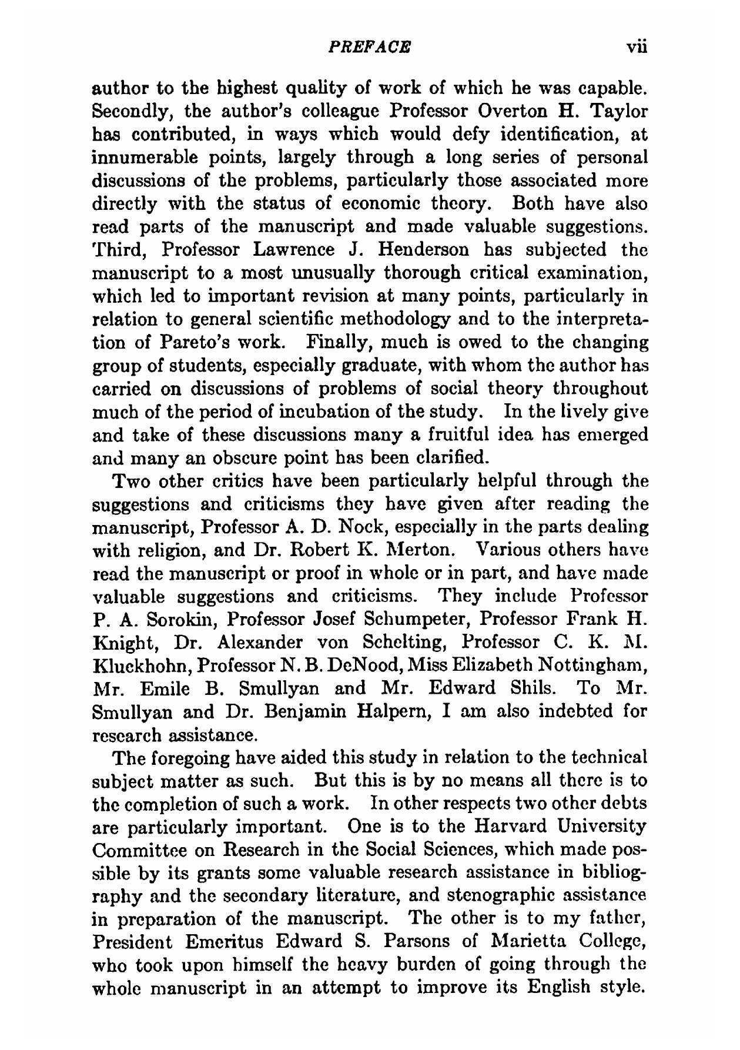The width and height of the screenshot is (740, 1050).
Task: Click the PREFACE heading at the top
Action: tap(370, 46)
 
